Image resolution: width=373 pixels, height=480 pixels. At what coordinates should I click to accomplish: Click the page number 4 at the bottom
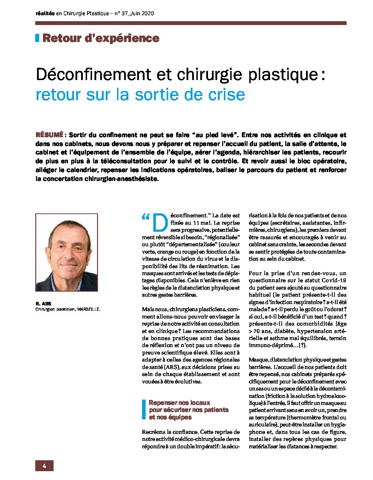pos(44,466)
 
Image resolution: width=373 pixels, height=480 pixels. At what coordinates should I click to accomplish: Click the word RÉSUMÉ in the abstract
pos(49,135)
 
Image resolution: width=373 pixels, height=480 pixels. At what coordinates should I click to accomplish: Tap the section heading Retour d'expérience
pos(101,38)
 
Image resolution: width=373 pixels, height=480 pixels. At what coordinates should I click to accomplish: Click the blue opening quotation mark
pos(146,217)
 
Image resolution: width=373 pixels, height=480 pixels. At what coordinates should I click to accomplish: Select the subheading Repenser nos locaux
pos(179,403)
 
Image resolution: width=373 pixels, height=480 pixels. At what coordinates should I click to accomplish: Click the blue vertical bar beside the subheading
pos(143,409)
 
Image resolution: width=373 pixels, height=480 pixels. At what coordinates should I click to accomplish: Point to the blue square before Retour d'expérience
pos(37,38)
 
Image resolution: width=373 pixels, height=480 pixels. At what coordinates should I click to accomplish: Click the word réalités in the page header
pos(45,13)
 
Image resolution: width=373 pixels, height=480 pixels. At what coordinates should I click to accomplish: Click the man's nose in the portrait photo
pos(66,254)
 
